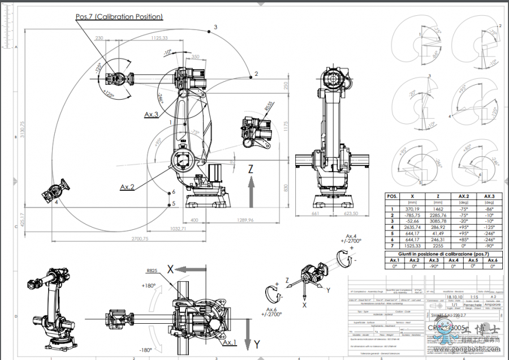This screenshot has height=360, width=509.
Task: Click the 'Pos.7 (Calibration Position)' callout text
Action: pyautogui.click(x=119, y=17)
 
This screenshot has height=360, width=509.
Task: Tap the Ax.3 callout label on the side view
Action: pyautogui.click(x=151, y=114)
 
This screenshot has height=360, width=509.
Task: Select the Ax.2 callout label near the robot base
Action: pyautogui.click(x=127, y=186)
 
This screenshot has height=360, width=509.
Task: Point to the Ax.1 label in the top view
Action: pyautogui.click(x=230, y=343)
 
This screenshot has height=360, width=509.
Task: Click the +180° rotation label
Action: pyautogui.click(x=149, y=286)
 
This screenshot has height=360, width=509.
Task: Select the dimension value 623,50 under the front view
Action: pyautogui.click(x=353, y=214)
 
